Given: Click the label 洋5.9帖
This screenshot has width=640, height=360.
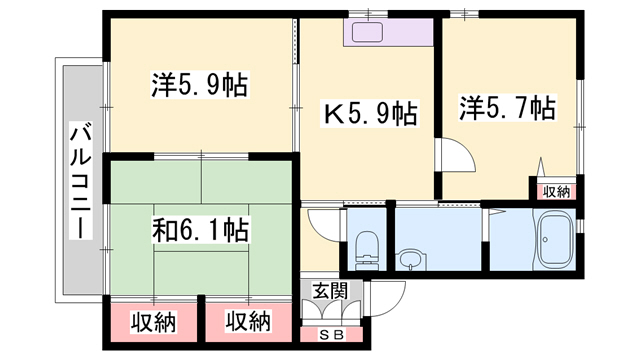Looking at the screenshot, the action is (200, 85).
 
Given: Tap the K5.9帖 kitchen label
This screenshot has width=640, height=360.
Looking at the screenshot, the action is (370, 113).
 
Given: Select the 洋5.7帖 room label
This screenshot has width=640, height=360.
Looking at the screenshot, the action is (507, 108).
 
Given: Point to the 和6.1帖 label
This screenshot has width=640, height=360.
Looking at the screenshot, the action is (200, 230).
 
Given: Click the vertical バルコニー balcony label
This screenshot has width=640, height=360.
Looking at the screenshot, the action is (80, 180).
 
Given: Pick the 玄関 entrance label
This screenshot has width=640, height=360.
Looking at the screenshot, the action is (330, 291).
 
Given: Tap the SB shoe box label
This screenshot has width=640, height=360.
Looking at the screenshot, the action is (332, 335).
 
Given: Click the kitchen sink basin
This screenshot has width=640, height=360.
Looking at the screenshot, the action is (367, 32).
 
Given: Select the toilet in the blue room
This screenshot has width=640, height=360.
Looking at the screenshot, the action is (366, 251).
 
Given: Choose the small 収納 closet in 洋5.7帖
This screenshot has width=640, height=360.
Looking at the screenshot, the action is (556, 191).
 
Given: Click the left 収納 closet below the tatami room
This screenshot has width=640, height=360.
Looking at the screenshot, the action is (153, 322).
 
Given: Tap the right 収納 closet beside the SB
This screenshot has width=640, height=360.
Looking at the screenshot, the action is (249, 322).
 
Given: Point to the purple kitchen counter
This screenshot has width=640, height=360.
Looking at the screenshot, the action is (388, 32).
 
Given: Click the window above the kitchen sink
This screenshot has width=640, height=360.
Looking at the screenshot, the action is (368, 14).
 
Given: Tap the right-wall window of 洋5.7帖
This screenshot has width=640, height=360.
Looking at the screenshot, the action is (580, 127).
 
